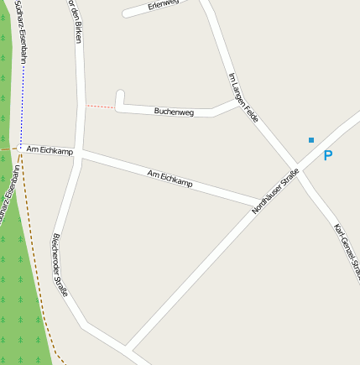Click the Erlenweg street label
pyautogui.click(x=164, y=4)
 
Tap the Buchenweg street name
pyautogui.click(x=175, y=111)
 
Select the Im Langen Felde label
pyautogui.click(x=243, y=97)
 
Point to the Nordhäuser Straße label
pyautogui.click(x=275, y=191)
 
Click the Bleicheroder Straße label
pyautogui.click(x=60, y=263)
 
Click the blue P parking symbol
pyautogui.click(x=327, y=155)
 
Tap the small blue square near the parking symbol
pyautogui.click(x=311, y=140)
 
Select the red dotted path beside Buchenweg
pyautogui.click(x=101, y=107)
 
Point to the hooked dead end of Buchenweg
pyautogui.click(x=120, y=94)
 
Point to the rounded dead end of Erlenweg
pyautogui.click(x=127, y=13)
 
